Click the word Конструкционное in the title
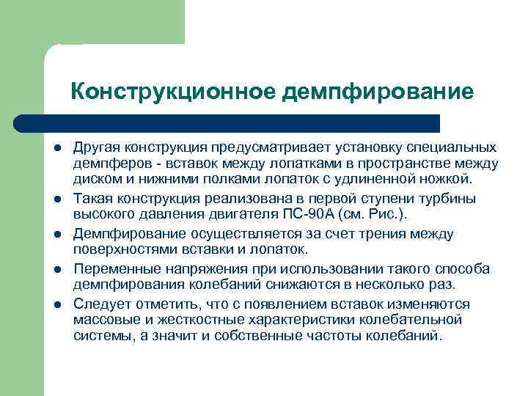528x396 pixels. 173,92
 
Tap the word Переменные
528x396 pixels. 112,269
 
